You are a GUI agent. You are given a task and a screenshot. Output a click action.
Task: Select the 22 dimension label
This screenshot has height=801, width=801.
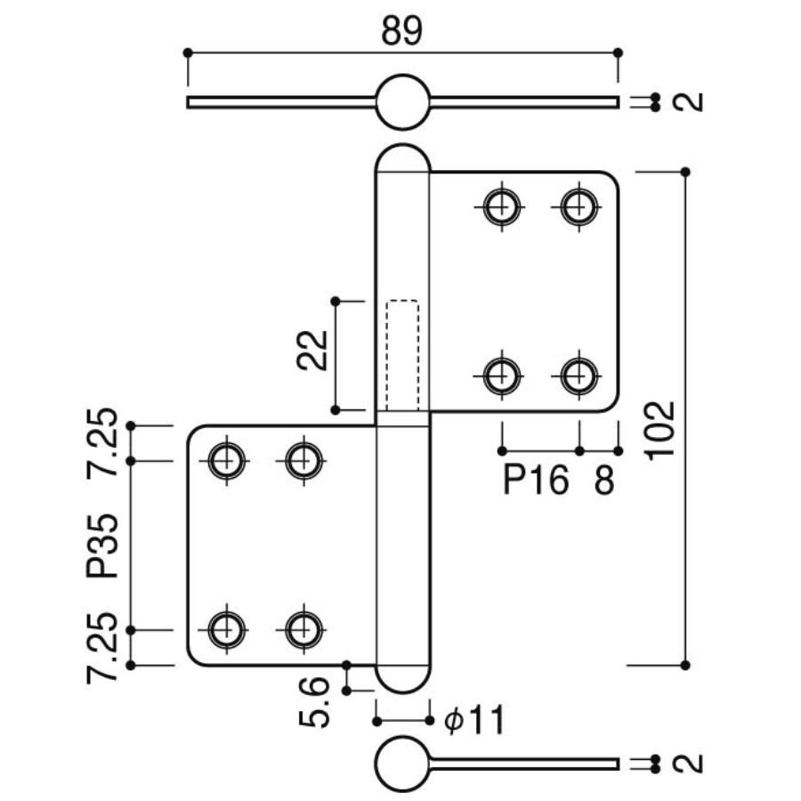(312, 350)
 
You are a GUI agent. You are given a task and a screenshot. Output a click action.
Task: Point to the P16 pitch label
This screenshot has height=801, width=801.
(535, 481)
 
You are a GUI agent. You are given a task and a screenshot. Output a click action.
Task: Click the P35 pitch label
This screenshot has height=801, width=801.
(103, 545)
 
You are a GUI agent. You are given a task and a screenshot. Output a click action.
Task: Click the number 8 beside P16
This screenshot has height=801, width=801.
(603, 481)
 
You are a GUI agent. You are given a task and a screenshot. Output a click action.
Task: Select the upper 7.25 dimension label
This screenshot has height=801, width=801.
(103, 442)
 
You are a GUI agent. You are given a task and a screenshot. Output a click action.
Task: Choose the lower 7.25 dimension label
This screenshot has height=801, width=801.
(103, 648)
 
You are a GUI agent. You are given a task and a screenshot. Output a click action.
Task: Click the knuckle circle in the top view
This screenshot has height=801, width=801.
(402, 102)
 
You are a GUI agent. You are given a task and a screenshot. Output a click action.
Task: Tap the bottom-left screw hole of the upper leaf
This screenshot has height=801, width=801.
(503, 376)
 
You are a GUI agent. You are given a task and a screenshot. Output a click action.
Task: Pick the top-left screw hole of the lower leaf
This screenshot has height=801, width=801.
(227, 460)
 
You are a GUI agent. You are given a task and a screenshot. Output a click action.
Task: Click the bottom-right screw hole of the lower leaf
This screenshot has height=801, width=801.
(303, 629)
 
